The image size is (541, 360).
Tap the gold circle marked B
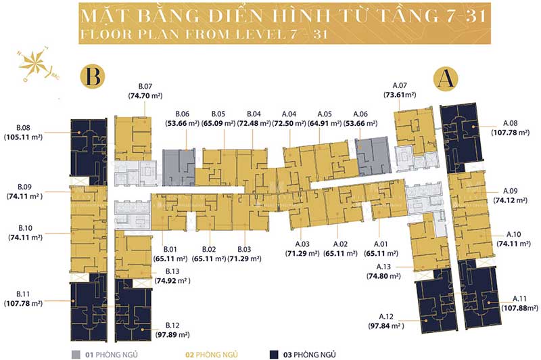pos(94,76)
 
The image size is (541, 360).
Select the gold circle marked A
pos(444,78)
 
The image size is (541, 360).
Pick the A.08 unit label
pos(511,123)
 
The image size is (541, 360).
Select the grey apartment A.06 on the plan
pos(372,156)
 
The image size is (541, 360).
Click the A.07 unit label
pos(400,86)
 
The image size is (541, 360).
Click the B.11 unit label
pos(22,294)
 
